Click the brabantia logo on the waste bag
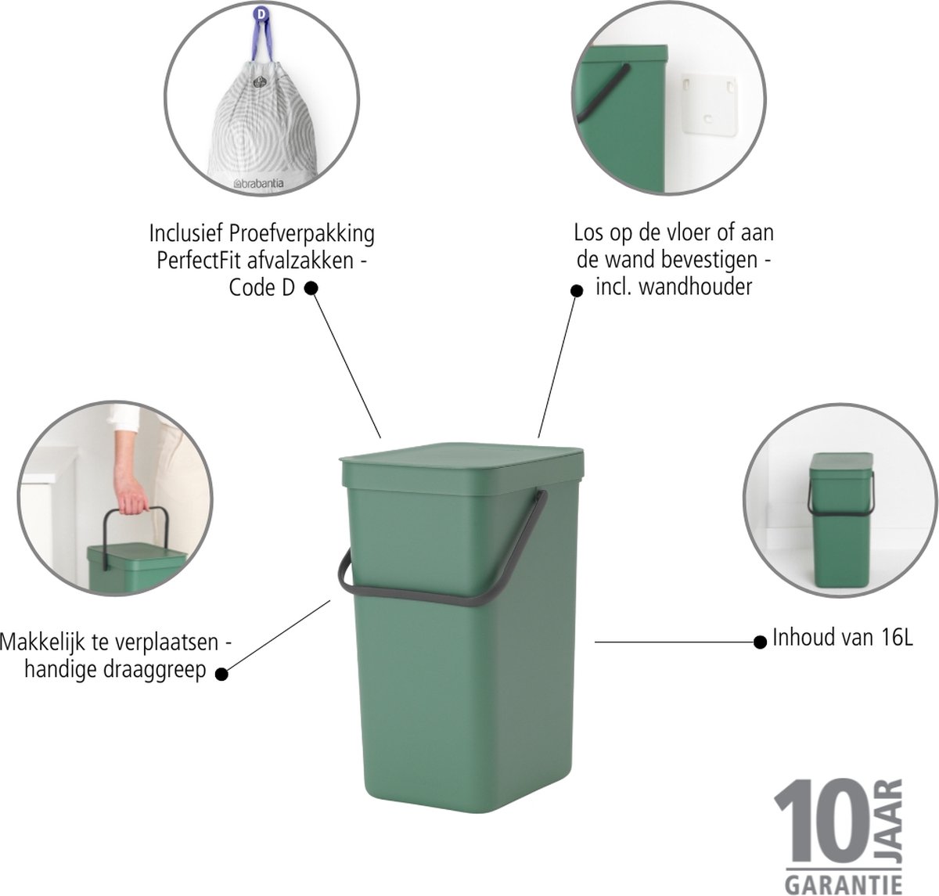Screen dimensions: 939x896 point(258,183)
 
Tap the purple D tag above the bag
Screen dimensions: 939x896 point(261,14)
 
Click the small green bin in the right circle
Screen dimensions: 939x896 point(840,520)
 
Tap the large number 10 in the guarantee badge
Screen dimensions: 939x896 point(829,821)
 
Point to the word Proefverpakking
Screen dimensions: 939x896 point(302,235)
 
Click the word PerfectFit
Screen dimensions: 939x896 point(200,261)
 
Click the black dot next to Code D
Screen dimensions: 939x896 point(311,288)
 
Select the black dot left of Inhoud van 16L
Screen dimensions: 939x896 point(760,642)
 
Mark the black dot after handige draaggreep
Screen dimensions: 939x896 point(221,675)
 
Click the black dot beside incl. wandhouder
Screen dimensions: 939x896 point(577,290)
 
